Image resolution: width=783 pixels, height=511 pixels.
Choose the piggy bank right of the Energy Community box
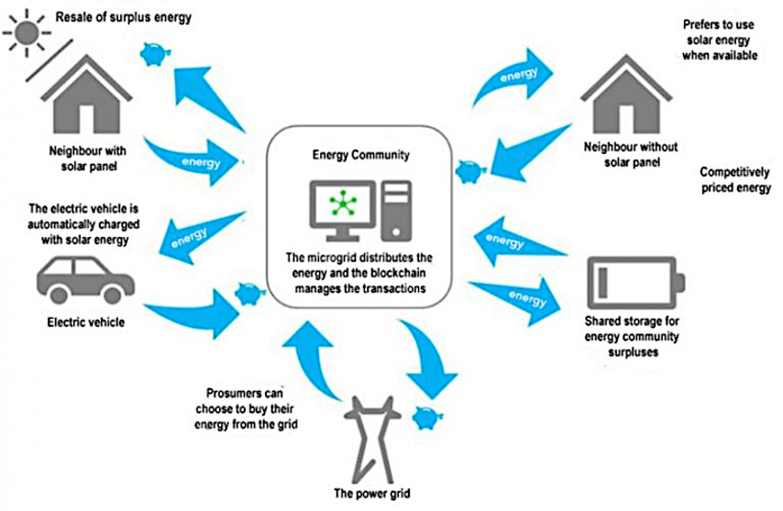(x=466, y=169)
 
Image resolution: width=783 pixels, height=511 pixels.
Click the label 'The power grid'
(x=368, y=494)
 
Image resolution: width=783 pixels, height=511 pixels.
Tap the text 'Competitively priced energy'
(x=734, y=180)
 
